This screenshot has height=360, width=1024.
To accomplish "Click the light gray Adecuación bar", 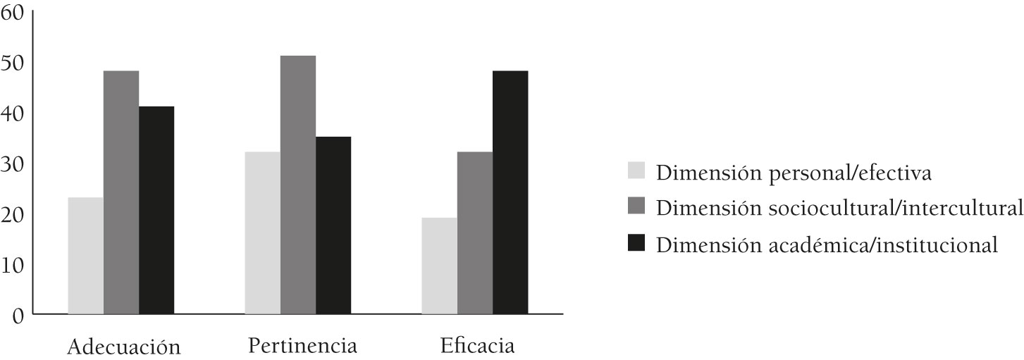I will click(85, 256).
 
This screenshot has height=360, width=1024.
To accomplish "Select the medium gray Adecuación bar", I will click(121, 192).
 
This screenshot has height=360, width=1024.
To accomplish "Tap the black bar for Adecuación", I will click(156, 210).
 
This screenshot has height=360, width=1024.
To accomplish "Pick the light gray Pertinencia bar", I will click(262, 233).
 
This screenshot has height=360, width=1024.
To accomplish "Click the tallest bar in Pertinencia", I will click(298, 185).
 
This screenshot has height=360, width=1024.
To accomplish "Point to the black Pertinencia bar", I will click(333, 225).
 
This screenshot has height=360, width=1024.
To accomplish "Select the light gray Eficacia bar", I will click(439, 266).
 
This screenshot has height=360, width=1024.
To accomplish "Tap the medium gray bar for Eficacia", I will click(475, 233).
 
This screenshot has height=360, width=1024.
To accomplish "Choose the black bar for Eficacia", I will click(510, 192).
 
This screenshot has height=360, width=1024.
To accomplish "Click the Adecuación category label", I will click(125, 347).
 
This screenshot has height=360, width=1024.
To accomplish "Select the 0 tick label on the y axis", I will click(19, 315).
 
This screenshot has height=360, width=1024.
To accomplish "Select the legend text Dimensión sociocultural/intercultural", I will click(839, 209).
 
